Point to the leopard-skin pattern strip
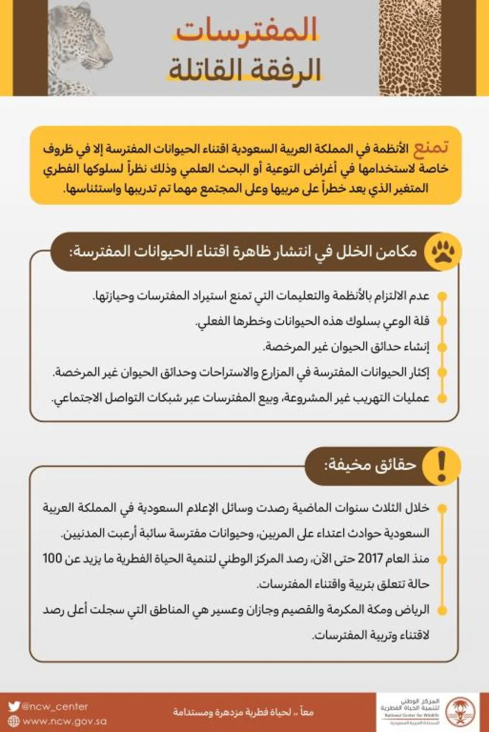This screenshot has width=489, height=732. pos(410,48)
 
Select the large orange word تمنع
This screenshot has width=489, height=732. pos(431,147)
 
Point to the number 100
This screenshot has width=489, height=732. pos(52,558)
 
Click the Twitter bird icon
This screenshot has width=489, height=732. pos(14,706)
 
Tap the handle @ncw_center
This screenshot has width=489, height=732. pos(55,706)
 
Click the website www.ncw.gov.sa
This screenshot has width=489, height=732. pos(64,721)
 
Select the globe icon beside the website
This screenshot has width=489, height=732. pos(14,721)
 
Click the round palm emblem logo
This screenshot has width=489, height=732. pos(460,712)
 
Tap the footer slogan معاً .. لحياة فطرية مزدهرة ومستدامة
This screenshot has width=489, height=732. pos(243,712)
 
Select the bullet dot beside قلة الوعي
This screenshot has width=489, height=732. pos(442,321)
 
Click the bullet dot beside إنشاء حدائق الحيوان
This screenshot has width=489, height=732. pos(442,347)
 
